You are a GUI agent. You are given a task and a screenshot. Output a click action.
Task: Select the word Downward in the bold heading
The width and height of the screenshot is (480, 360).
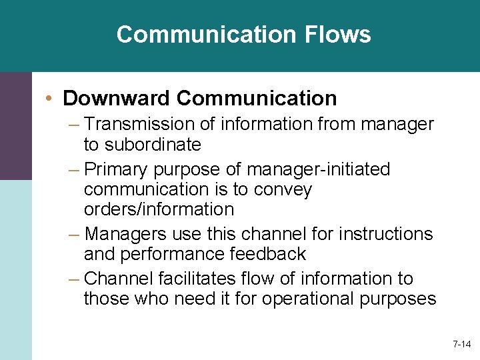[117, 99]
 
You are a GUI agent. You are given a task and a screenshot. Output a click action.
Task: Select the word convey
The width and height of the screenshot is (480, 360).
[281, 190]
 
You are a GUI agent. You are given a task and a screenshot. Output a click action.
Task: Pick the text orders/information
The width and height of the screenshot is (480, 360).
[159, 209]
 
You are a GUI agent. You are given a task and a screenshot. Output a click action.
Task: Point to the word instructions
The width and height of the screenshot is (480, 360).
[385, 234]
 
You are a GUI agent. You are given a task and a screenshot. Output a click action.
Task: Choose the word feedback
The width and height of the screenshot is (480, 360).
[273, 254]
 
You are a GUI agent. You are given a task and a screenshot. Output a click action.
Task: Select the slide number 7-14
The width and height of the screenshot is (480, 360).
[461, 345]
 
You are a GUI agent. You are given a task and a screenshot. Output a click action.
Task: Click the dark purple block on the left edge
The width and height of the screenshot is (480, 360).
[15, 125]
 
